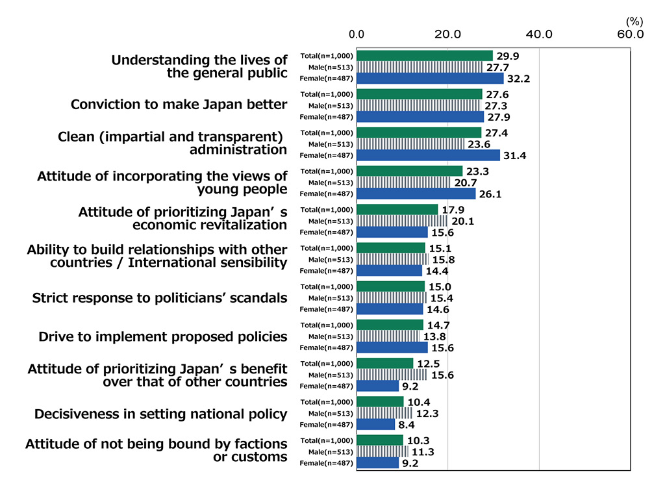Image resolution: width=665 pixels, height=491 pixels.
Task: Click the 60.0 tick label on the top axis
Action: point(630,34)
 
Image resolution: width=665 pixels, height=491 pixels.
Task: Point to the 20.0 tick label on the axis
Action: point(447,34)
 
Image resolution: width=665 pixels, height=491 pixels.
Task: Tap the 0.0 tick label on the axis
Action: point(357,34)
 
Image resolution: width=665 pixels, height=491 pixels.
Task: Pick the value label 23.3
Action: point(477,171)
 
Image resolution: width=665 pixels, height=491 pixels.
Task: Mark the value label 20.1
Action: point(462,221)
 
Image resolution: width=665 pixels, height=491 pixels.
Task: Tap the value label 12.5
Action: point(427,363)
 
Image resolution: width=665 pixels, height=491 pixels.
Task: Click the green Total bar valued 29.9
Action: point(425,56)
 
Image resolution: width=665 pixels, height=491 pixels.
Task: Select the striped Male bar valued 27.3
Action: point(419,105)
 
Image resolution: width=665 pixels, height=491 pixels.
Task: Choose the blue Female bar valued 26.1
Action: point(416,194)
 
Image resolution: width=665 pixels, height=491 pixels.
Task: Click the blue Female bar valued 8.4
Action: point(376,424)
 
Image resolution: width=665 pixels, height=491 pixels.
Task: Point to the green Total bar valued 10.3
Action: point(380,440)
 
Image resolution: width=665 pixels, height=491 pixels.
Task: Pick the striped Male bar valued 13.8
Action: point(388,336)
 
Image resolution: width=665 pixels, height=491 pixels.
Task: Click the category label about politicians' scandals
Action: point(160,298)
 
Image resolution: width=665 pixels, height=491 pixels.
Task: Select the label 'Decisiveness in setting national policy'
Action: point(160,414)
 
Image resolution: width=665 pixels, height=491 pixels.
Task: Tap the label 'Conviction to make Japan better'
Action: point(179,105)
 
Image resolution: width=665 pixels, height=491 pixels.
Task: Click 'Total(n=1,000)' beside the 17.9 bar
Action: point(327,210)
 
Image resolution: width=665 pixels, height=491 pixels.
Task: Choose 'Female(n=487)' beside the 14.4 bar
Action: point(326,271)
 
